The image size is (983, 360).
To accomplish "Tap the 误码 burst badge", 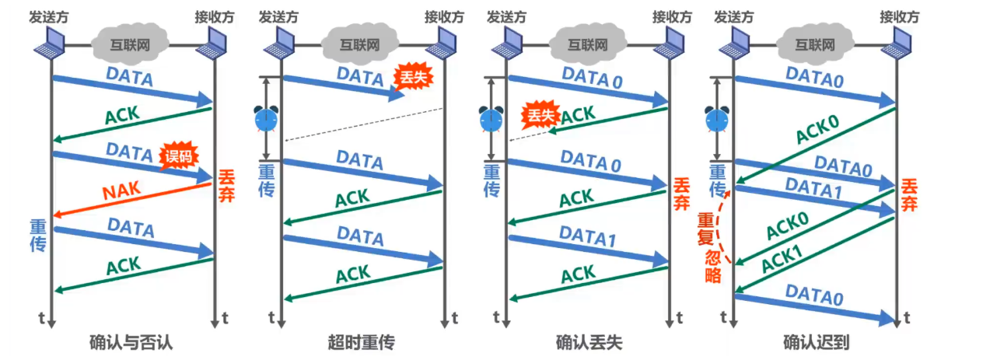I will click(177, 156).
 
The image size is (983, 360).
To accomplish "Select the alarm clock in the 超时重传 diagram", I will click(266, 119).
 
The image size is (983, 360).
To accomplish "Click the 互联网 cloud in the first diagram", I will click(130, 44).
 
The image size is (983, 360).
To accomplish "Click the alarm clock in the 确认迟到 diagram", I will click(715, 119).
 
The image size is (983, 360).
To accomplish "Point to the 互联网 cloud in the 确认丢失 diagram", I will click(585, 44).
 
